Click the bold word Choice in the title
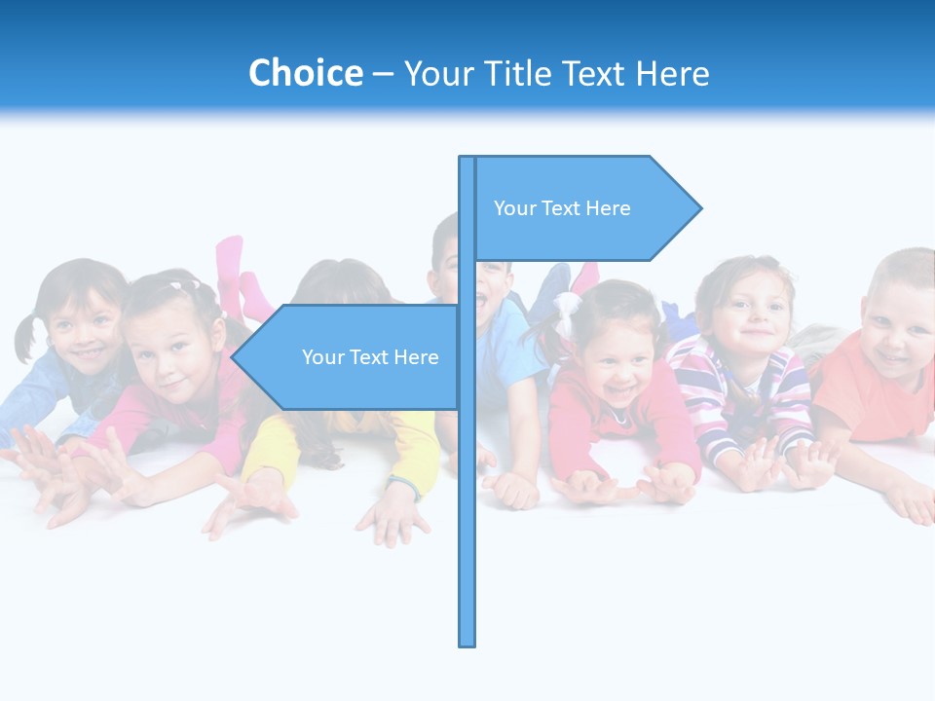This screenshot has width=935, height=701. pos(305,73)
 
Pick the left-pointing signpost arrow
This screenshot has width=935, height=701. pos(351,357)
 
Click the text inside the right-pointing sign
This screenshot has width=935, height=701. pos(562,208)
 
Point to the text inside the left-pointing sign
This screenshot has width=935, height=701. pos(370,357)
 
